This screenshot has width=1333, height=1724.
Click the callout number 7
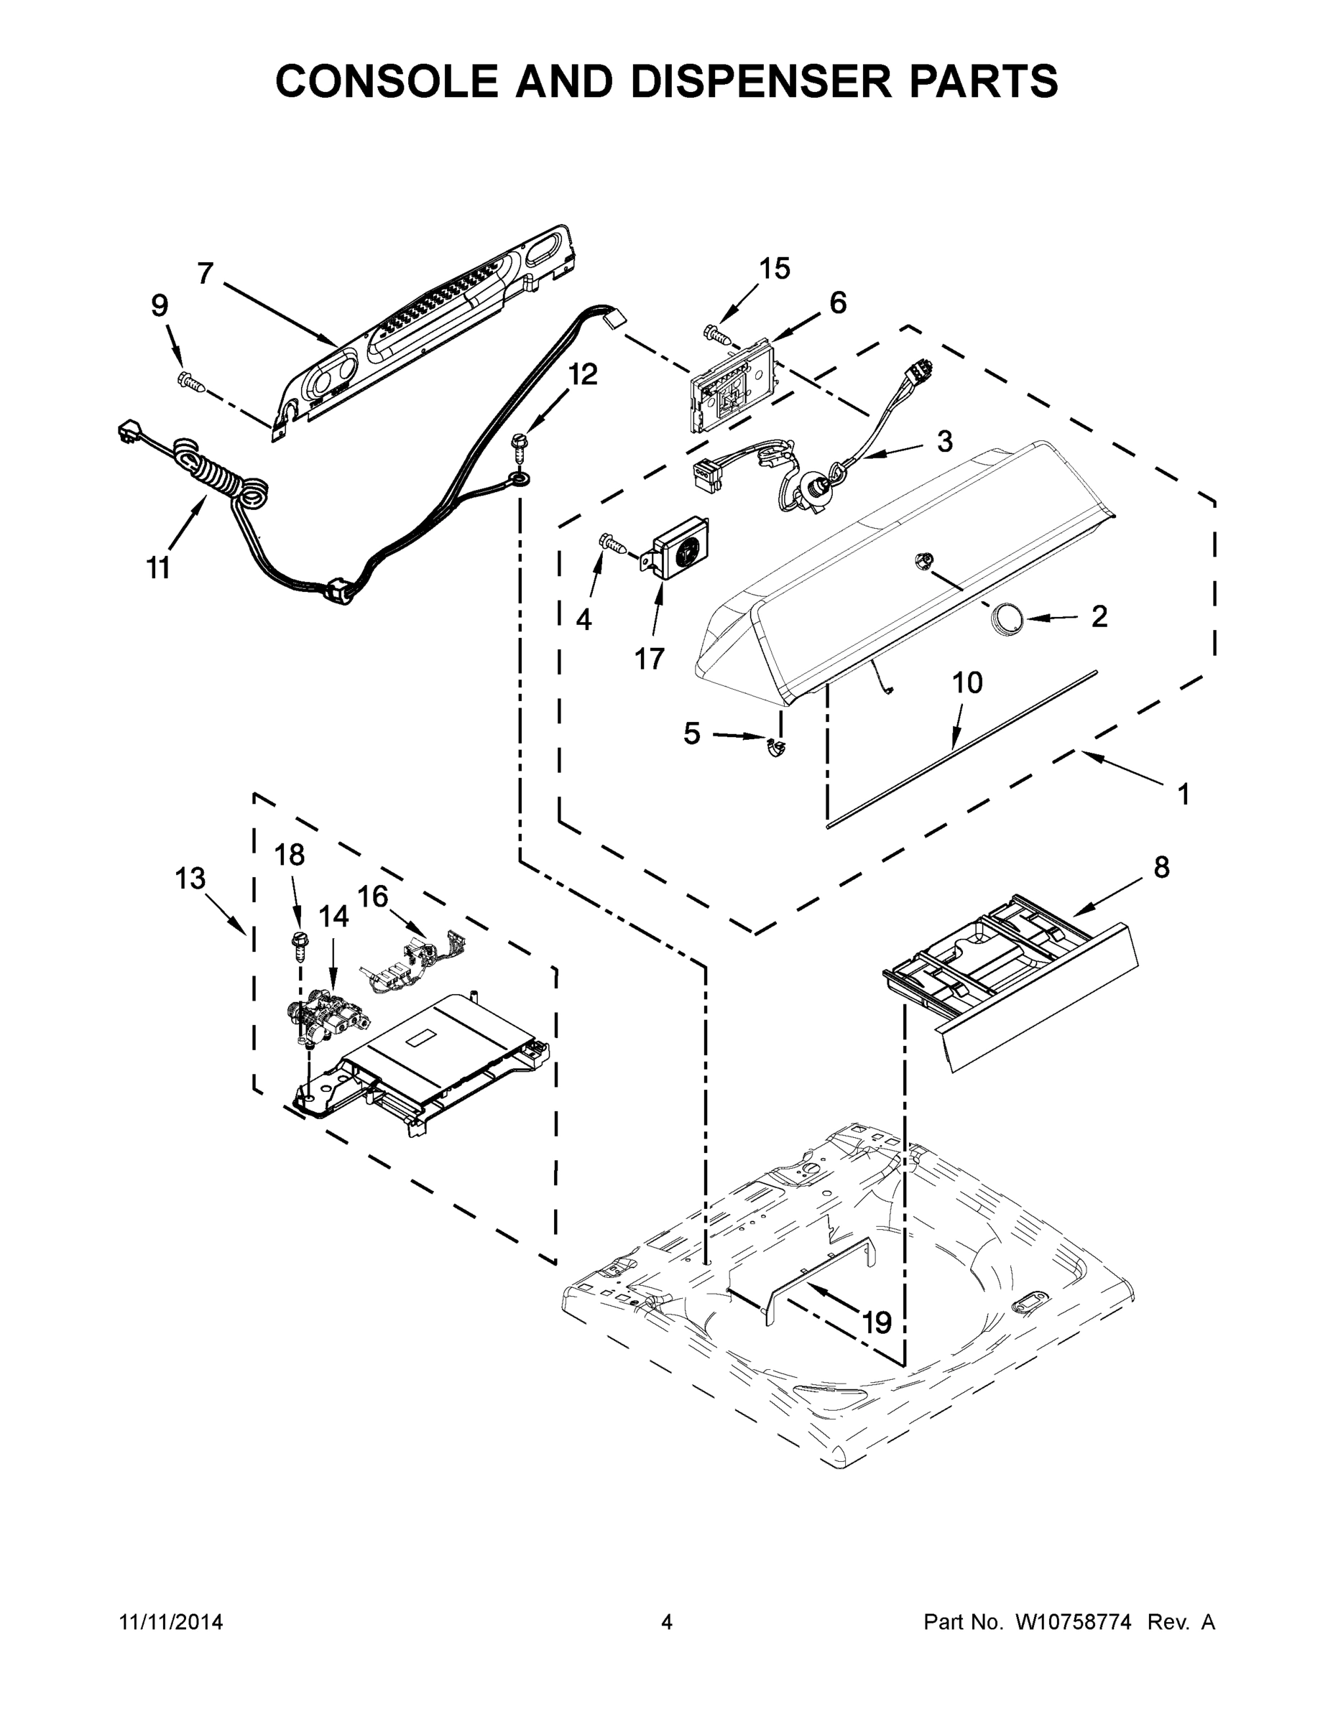(x=206, y=273)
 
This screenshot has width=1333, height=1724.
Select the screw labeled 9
(x=193, y=381)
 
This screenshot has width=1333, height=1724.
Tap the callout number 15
(x=774, y=269)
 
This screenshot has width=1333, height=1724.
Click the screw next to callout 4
(x=614, y=542)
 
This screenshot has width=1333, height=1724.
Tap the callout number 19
(x=877, y=1322)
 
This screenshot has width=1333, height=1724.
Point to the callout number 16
(x=373, y=896)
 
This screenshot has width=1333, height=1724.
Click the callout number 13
(x=190, y=878)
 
